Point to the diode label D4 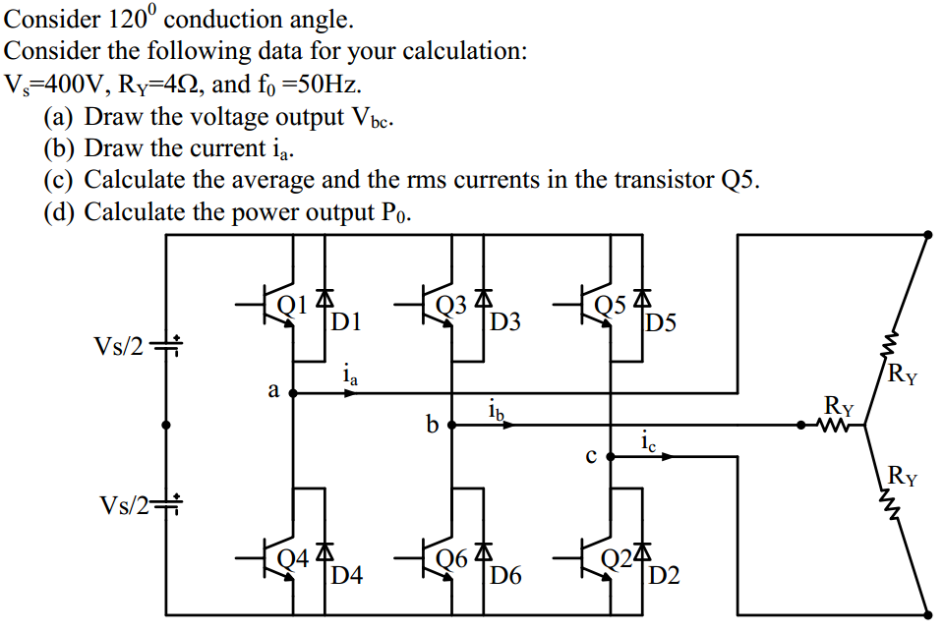(x=347, y=576)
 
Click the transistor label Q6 (x=452, y=559)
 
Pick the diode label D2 (x=666, y=575)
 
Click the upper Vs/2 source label (x=119, y=347)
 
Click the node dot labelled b (x=451, y=426)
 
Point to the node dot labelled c (x=610, y=457)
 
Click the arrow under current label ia (x=351, y=392)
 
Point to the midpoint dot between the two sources (x=165, y=425)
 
